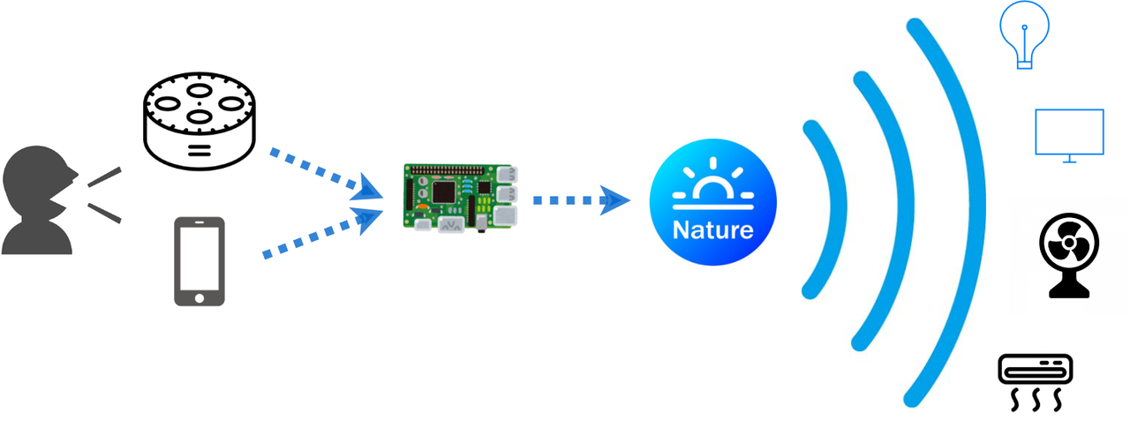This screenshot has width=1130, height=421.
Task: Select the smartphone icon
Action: [199, 261]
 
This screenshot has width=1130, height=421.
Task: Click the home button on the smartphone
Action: [199, 297]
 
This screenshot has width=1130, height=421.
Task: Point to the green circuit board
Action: [458, 198]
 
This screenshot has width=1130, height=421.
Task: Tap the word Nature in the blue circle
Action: [712, 230]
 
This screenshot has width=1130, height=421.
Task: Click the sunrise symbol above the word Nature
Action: [712, 186]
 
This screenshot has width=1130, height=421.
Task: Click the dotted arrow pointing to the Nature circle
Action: [579, 199]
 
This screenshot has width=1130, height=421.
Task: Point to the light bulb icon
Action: [1023, 36]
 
